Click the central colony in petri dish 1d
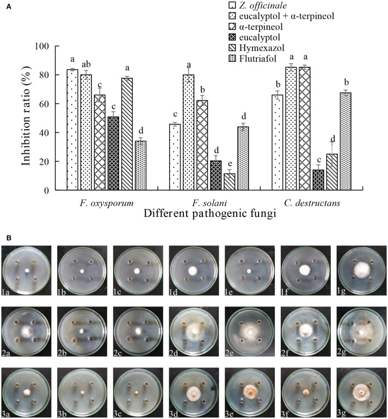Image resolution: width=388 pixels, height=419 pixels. [x=193, y=270]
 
